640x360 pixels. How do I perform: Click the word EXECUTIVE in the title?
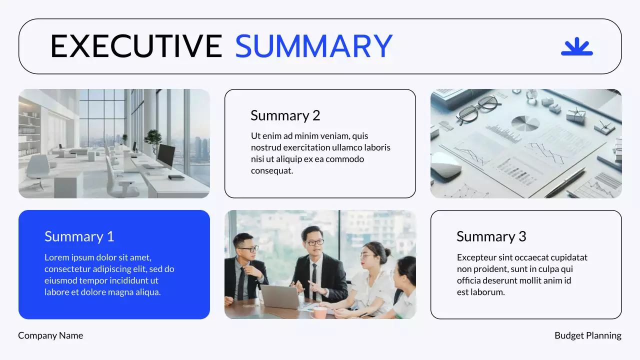pos(136,46)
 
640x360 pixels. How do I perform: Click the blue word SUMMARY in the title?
pos(313,46)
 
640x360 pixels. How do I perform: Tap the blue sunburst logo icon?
pos(576,46)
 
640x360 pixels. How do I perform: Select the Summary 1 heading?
pos(79,236)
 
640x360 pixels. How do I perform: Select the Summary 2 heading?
pos(285,115)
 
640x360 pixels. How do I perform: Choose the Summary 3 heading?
pos(491,236)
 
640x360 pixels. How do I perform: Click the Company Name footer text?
pos(50,335)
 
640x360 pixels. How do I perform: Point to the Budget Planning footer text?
pos(587,335)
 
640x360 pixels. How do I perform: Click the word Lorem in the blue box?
pos(56,257)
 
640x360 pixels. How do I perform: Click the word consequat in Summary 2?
pos(271,171)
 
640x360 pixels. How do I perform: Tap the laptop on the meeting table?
pos(280,296)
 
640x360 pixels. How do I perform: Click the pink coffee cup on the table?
pos(318,312)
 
